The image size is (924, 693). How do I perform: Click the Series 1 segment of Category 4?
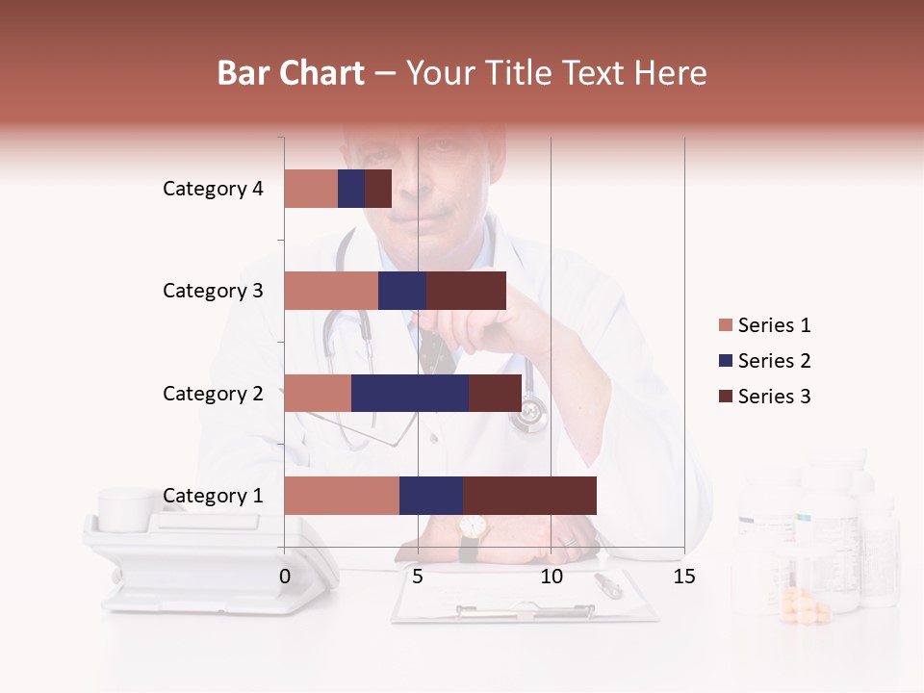click(311, 189)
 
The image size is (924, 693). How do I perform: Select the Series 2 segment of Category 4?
click(351, 189)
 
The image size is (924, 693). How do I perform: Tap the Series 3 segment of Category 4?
click(378, 189)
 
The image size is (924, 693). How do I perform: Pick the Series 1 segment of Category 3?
click(331, 291)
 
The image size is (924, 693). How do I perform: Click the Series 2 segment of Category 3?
click(402, 291)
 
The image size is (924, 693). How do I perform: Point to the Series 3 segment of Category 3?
click(466, 291)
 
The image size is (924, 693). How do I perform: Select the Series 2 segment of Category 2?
click(410, 393)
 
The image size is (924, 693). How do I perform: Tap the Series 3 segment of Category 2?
click(495, 393)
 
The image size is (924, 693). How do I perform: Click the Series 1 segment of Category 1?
click(342, 495)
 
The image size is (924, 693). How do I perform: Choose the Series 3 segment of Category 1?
click(529, 495)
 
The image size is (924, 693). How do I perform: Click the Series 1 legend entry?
click(765, 325)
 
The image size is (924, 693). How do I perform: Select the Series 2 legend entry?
click(765, 361)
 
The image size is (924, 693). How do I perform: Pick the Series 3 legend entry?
click(765, 397)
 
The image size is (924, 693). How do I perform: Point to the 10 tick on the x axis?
click(551, 577)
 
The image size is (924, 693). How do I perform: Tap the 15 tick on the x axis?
click(684, 577)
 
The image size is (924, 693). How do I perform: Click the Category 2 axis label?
click(213, 393)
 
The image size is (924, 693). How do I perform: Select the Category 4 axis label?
click(213, 189)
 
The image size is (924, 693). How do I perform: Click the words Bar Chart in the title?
click(291, 73)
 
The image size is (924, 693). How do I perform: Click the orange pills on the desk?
click(807, 608)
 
